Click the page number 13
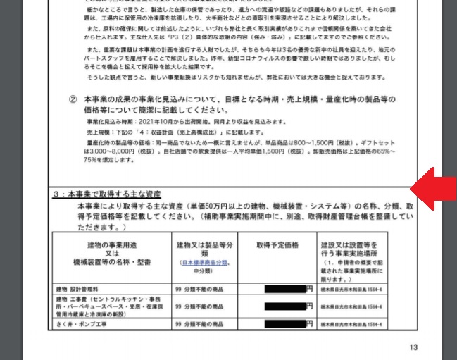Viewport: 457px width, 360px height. click(x=413, y=347)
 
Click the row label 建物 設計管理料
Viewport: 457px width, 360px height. click(x=80, y=289)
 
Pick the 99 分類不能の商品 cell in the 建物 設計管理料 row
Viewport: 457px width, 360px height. click(x=199, y=289)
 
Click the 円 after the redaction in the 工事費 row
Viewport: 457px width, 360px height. click(x=309, y=306)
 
